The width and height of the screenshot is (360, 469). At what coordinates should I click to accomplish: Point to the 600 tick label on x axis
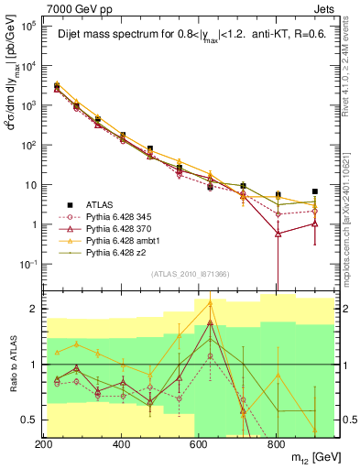(199, 444)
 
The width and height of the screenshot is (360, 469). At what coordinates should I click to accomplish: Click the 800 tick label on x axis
(276, 444)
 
